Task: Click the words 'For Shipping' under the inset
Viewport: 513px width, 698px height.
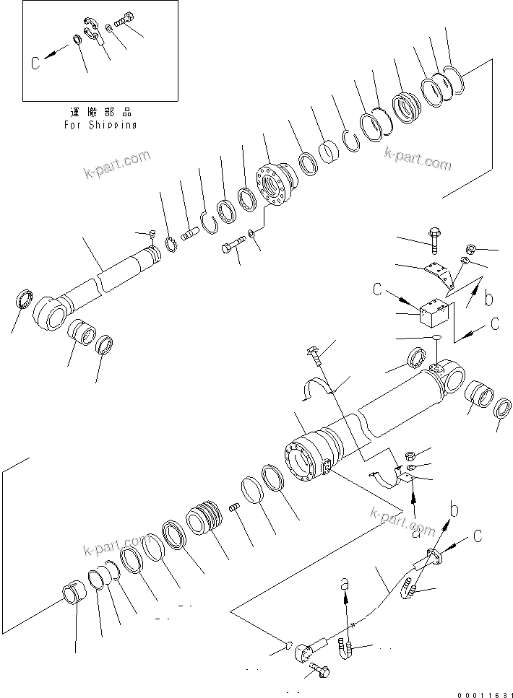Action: point(100,125)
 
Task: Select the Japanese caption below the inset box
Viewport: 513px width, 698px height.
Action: point(100,113)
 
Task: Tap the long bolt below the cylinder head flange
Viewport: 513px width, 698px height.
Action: point(230,248)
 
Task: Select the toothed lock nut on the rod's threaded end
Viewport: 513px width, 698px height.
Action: point(172,247)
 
